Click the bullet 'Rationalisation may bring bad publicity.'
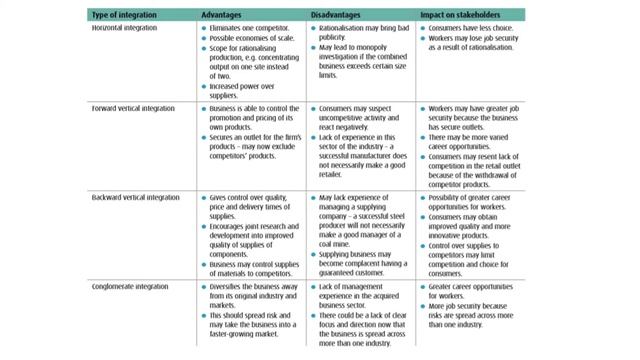[x=362, y=37]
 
